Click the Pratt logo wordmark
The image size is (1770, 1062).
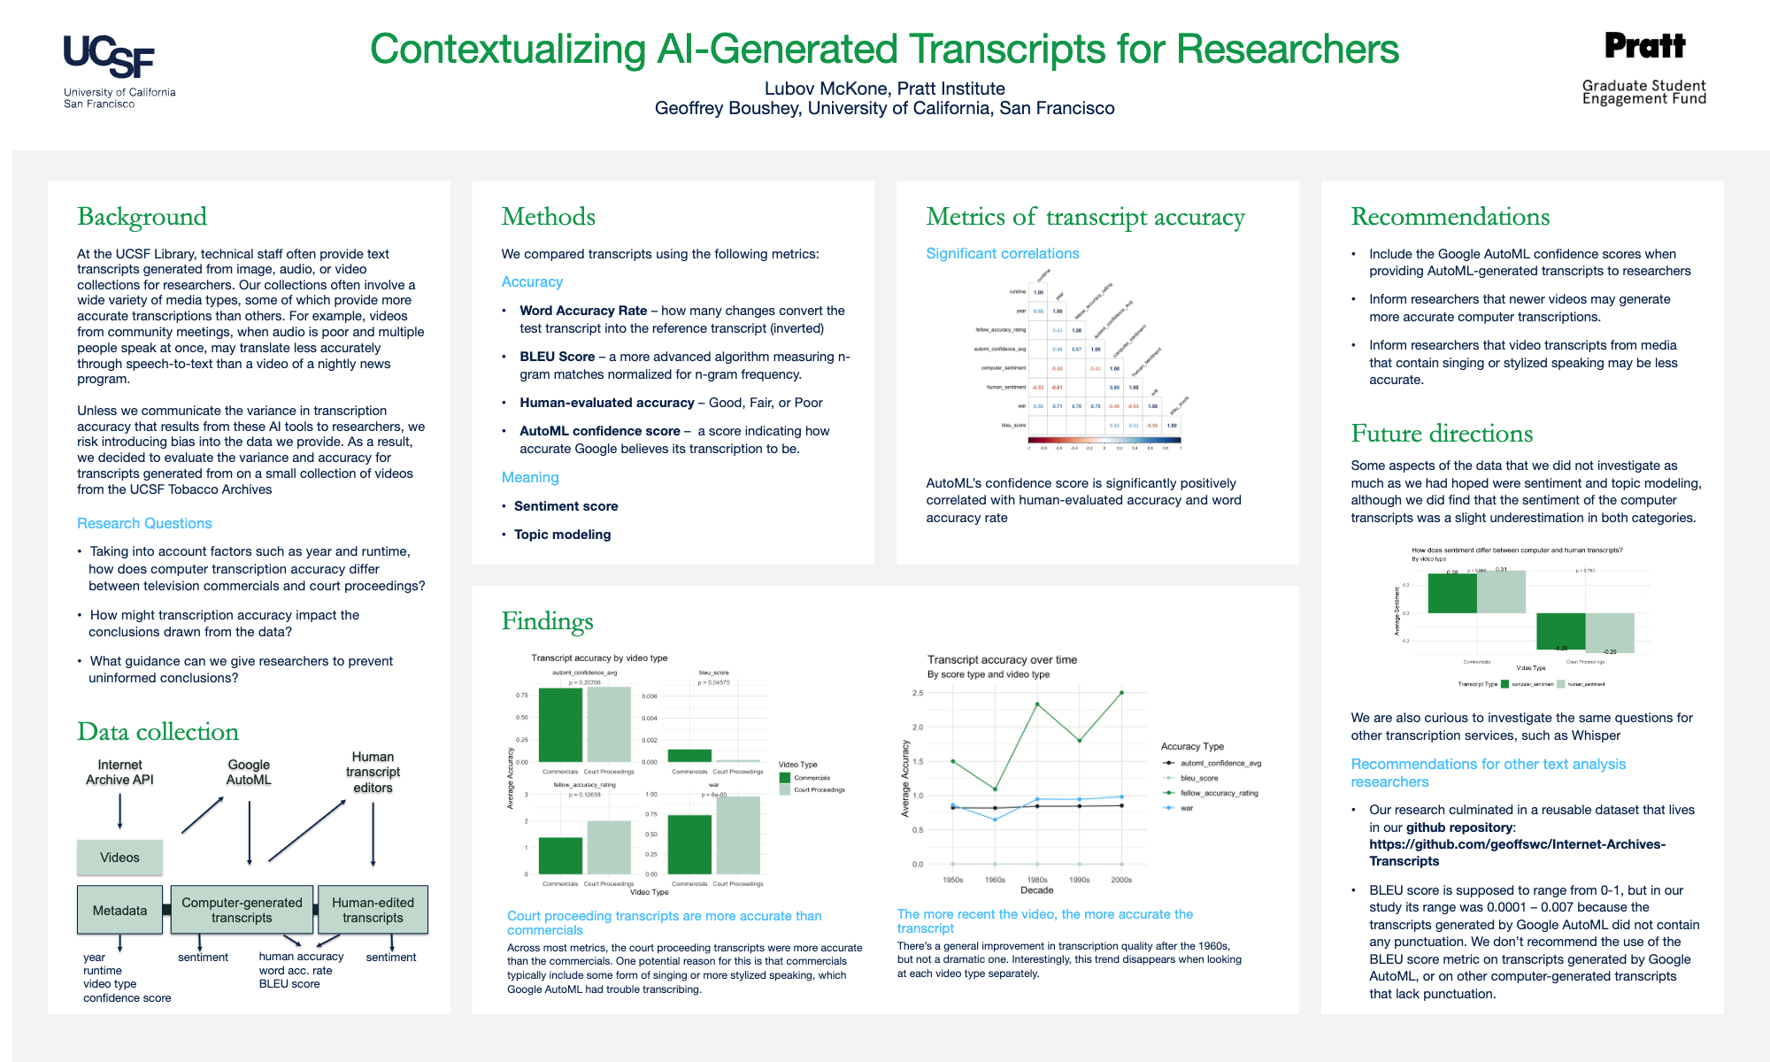click(1644, 46)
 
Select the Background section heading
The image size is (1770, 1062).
click(142, 217)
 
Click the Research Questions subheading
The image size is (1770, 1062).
click(144, 523)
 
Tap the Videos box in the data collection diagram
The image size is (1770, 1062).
click(119, 858)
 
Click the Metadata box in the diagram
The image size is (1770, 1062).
click(119, 910)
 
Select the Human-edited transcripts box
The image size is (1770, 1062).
click(373, 910)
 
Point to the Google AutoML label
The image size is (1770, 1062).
click(249, 772)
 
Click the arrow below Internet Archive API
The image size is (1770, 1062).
click(120, 811)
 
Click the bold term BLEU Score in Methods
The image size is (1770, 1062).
click(557, 357)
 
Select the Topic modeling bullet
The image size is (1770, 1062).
click(562, 535)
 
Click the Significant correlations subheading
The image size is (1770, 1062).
click(1002, 253)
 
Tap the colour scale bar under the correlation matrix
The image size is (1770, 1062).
click(1104, 440)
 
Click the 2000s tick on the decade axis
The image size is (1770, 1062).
click(1121, 880)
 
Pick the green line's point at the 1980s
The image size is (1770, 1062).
click(1037, 704)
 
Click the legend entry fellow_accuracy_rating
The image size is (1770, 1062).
click(1218, 793)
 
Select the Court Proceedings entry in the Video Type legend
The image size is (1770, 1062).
click(819, 789)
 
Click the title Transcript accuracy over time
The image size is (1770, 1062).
click(1002, 659)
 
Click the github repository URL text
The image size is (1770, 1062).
click(1517, 852)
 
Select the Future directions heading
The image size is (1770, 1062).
click(1441, 434)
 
